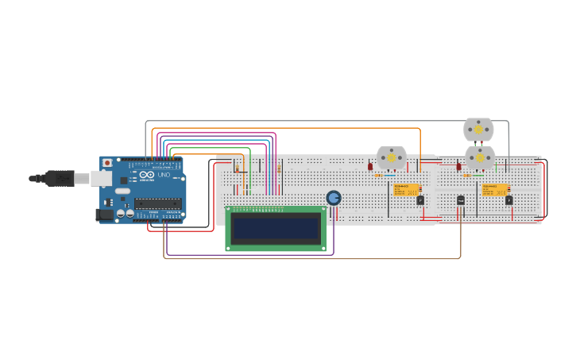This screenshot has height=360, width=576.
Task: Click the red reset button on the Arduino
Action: click(x=107, y=163)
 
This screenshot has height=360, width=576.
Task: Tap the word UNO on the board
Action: click(x=164, y=175)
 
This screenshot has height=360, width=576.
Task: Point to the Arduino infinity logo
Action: click(x=147, y=175)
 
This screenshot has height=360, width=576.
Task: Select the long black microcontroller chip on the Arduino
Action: click(x=158, y=203)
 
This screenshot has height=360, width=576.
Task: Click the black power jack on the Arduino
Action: click(x=104, y=214)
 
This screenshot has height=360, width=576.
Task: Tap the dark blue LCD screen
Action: click(x=275, y=229)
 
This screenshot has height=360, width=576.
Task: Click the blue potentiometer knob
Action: click(x=334, y=197)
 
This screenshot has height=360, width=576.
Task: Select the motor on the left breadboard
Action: click(x=391, y=158)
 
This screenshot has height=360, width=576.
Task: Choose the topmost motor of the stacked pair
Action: click(x=478, y=129)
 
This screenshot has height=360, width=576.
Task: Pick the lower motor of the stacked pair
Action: click(x=479, y=157)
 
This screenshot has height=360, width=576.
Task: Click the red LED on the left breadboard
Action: click(x=370, y=167)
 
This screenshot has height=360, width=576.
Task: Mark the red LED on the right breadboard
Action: click(x=458, y=167)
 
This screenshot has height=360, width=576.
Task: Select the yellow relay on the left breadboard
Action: click(x=407, y=189)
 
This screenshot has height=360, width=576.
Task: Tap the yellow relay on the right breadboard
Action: click(x=495, y=189)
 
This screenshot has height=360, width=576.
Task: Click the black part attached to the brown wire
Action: click(x=460, y=200)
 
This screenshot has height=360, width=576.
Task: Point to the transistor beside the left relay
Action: click(x=420, y=200)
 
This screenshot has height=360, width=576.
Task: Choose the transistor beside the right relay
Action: click(x=508, y=200)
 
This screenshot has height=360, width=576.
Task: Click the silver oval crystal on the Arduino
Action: click(x=122, y=191)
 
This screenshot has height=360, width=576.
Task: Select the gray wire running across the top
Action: click(x=318, y=122)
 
